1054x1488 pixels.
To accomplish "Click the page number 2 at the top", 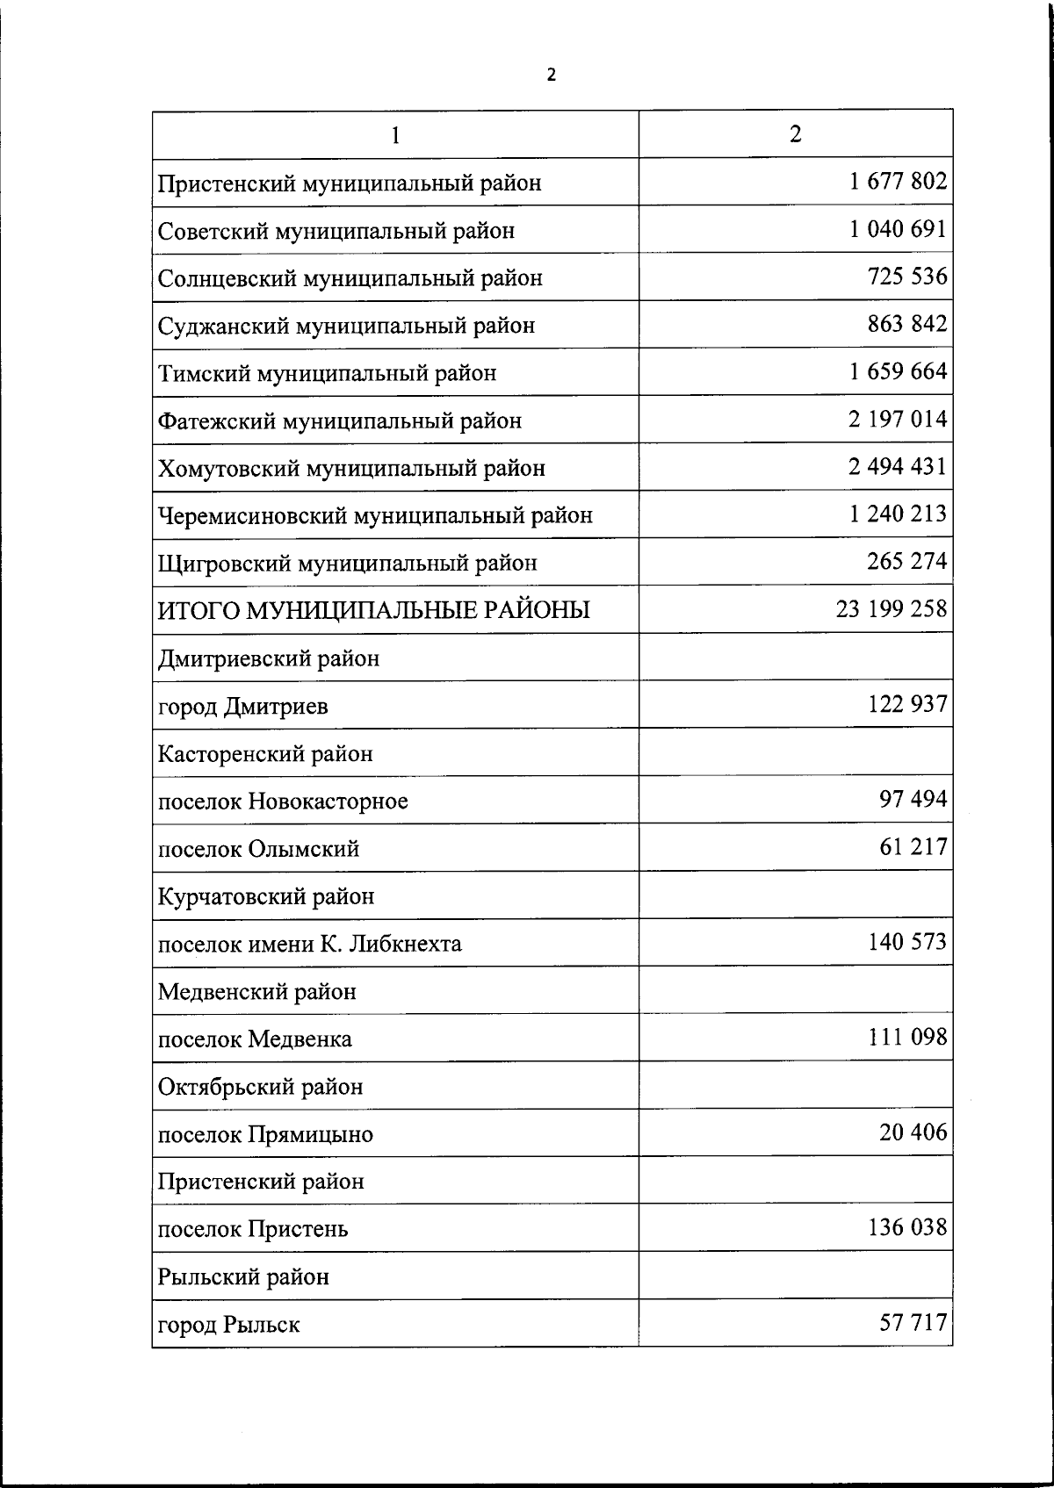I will click(551, 75).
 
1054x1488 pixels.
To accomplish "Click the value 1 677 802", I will click(898, 182).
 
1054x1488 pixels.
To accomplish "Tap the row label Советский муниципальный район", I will click(336, 231).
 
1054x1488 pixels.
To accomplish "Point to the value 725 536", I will click(907, 277).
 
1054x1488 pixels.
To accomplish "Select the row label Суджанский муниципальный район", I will click(346, 326).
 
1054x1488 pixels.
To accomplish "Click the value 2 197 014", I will click(898, 419).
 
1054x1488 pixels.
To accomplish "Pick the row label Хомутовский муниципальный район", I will click(351, 468).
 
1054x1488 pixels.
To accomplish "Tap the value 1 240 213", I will click(898, 514).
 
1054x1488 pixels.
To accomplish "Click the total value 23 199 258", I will click(892, 608).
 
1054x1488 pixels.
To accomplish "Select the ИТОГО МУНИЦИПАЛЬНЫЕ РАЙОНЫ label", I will click(374, 610).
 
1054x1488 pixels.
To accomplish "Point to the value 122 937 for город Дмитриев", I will click(907, 704).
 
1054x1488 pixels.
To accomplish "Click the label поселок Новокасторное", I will click(283, 802).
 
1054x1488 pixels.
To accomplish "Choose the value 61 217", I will click(913, 847).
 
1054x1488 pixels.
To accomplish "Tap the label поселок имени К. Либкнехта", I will click(309, 945).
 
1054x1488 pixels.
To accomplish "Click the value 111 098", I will click(907, 1037).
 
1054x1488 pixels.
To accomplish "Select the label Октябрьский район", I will click(260, 1087).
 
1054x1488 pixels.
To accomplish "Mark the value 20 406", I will click(913, 1132).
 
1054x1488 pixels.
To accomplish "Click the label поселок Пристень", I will click(253, 1229).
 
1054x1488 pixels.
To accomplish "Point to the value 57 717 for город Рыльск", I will click(913, 1322).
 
